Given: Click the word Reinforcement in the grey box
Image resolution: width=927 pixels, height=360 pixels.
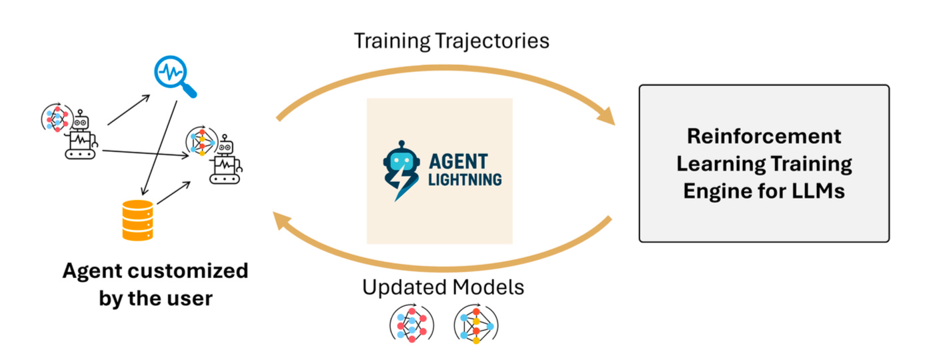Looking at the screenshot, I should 764,137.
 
